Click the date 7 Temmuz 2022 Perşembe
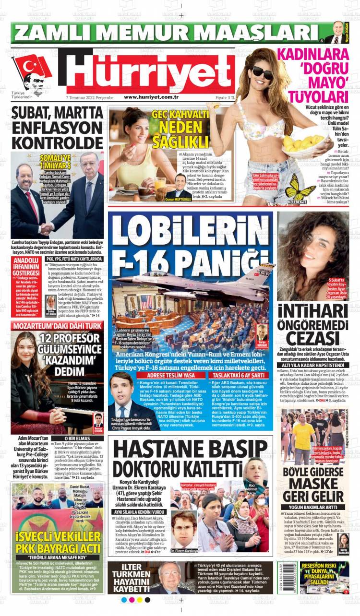pos(89,97)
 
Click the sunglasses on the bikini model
pos(263,73)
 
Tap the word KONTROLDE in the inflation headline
pos(58,142)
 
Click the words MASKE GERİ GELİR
pos(313,490)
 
